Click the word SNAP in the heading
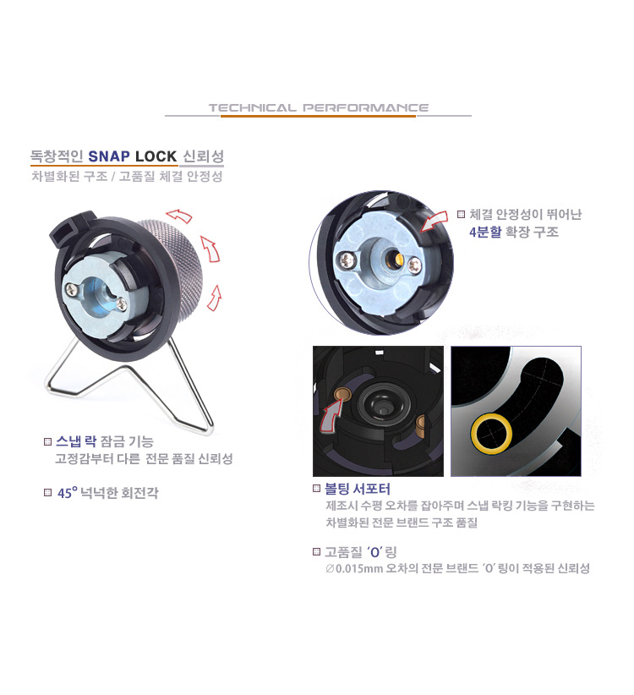click(109, 156)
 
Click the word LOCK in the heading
click(156, 156)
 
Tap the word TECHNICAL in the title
click(252, 107)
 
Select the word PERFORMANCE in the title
click(365, 107)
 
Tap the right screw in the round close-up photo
click(415, 265)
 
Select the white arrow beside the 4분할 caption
click(434, 221)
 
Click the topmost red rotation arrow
click(179, 216)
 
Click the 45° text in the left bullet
click(67, 492)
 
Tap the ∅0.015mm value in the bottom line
click(354, 569)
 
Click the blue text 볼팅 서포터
click(358, 489)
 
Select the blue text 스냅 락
click(76, 441)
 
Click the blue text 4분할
click(485, 232)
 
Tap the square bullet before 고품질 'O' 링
click(316, 552)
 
